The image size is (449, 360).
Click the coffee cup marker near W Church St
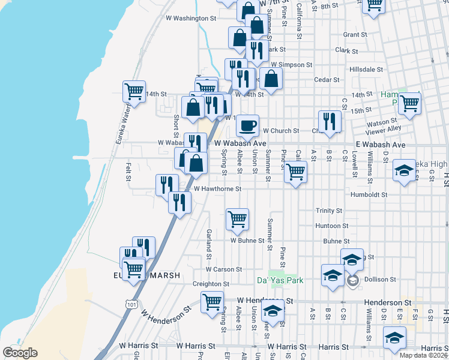pos(247,126)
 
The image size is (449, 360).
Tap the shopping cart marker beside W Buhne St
pos(237,220)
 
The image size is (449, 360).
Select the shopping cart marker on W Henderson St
pos(212,302)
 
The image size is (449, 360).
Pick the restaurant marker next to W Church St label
pos(329,121)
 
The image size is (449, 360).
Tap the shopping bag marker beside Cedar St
pos(271,79)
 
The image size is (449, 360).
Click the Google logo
pos(20,353)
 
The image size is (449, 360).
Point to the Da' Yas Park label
pos(280,280)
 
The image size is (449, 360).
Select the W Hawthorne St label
pos(217,189)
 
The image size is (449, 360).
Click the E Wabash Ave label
pos(380,145)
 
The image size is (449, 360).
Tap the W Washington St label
pos(190,19)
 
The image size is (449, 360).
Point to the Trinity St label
pos(329,211)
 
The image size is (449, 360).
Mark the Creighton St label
pos(211,284)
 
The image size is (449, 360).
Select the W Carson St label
pos(224,269)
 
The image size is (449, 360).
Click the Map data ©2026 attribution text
pos(422,355)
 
